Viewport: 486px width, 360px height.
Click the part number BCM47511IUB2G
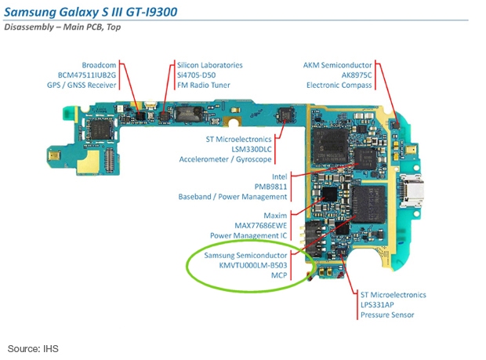(87, 75)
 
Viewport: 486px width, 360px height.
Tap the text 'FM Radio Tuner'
(204, 85)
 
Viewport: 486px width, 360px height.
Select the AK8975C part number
(357, 75)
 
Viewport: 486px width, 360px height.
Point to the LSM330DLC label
(252, 149)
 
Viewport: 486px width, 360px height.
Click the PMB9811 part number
(270, 187)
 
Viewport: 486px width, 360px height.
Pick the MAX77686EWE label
(261, 225)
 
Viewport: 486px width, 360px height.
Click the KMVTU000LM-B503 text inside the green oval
(253, 265)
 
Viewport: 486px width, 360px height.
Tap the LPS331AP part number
(377, 305)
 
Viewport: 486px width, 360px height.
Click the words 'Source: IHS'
(33, 348)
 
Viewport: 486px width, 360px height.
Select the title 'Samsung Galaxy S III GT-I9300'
(90, 12)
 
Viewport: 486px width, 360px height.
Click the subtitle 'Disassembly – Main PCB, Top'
(62, 27)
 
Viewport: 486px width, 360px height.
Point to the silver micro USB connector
(412, 191)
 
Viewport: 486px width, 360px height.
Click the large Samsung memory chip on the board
(368, 204)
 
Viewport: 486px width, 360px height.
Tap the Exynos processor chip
(331, 146)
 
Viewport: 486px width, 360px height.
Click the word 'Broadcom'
(99, 65)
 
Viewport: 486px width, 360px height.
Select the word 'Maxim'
(275, 216)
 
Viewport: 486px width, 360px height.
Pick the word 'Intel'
(280, 176)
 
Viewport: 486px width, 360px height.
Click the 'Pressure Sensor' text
(387, 315)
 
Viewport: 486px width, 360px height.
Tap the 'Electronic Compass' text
(339, 85)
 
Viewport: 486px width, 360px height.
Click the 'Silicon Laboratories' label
(210, 65)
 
